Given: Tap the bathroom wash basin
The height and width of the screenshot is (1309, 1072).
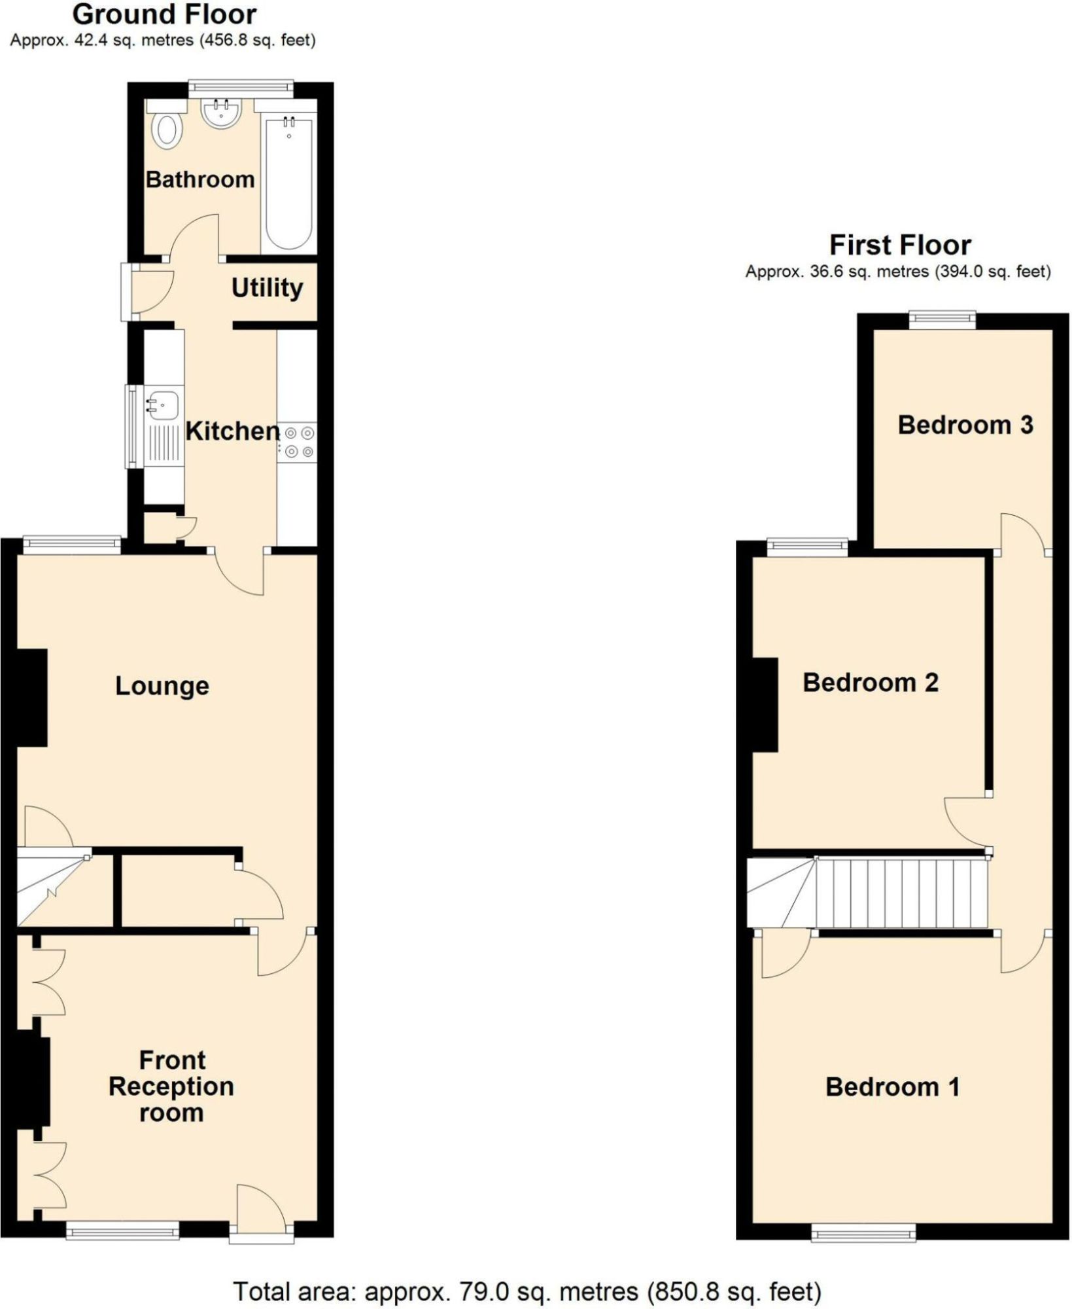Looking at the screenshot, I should [x=220, y=114].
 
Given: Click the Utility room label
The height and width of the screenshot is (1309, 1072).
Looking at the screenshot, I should [x=267, y=288].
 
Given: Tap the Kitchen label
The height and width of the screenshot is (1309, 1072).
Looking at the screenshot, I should [x=232, y=431].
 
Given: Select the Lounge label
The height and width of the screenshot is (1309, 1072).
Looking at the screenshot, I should [x=162, y=686].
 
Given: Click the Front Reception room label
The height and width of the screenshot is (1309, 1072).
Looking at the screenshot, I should [x=171, y=1086].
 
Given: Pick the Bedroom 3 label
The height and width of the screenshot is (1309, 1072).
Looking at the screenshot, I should [x=965, y=425].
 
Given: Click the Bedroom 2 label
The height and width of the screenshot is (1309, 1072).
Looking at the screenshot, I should [x=870, y=683].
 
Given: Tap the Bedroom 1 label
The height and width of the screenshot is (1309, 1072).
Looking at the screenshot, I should [x=892, y=1087].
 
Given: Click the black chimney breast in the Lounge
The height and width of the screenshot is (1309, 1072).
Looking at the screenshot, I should [x=31, y=698].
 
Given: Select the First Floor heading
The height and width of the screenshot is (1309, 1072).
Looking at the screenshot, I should [x=900, y=245].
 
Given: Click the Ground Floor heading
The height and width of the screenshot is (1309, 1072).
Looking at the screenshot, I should [x=164, y=14].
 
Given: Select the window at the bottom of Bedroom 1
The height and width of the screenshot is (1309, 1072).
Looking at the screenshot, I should [x=863, y=1233].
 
